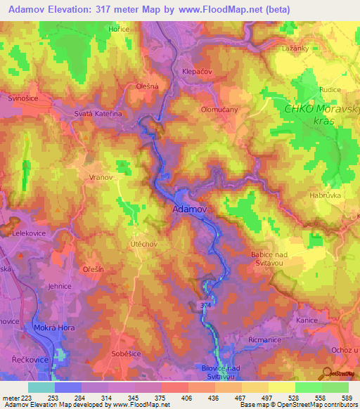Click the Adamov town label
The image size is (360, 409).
(x=189, y=209)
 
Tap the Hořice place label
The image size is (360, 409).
(x=119, y=29)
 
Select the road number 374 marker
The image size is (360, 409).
(x=204, y=305)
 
